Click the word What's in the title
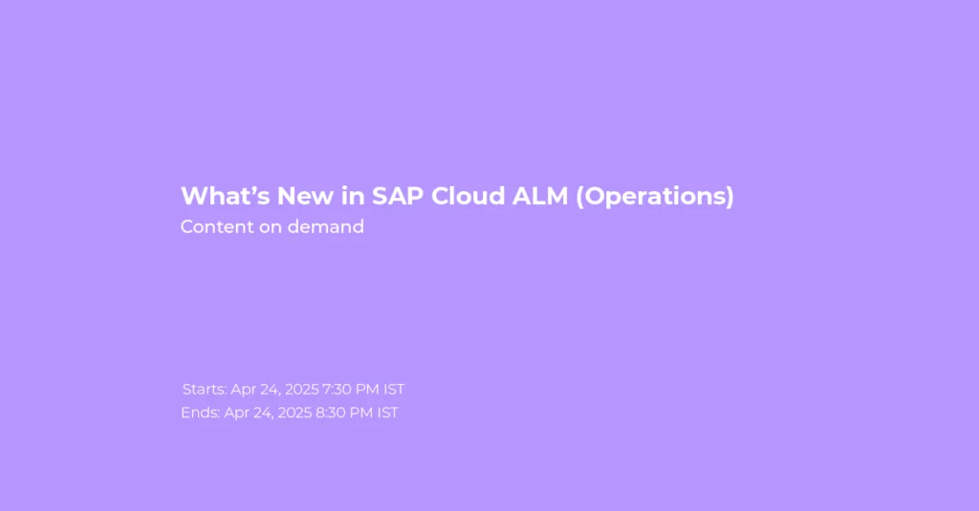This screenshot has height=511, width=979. click(226, 196)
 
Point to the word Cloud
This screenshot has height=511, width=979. click(468, 196)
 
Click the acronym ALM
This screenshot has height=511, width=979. click(540, 196)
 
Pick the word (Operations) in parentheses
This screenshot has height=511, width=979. click(655, 197)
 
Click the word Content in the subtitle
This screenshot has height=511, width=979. click(217, 226)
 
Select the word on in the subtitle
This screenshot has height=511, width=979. click(271, 227)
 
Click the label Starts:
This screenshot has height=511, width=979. click(205, 390)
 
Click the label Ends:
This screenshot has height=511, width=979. click(200, 413)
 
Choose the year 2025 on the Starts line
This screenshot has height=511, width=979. click(301, 390)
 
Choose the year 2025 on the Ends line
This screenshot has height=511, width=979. click(294, 413)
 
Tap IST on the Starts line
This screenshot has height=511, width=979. click(394, 390)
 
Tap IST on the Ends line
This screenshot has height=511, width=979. click(388, 413)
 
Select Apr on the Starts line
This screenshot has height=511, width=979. click(244, 390)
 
